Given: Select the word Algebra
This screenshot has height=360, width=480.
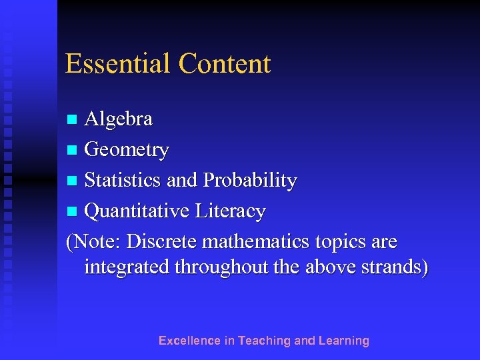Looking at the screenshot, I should (119, 119).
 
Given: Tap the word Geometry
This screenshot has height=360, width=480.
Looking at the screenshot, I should (127, 151).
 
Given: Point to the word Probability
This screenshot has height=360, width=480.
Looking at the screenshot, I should (250, 181).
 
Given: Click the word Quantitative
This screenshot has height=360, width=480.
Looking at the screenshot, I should (137, 211).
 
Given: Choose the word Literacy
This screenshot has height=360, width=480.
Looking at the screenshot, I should (231, 211).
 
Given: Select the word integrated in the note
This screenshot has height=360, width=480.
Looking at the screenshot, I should (127, 267).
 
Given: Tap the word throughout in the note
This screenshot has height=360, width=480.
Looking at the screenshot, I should (219, 267).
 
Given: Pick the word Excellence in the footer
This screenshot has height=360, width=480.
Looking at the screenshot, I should (189, 341).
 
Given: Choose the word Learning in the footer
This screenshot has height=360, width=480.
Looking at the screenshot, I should (344, 341).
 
